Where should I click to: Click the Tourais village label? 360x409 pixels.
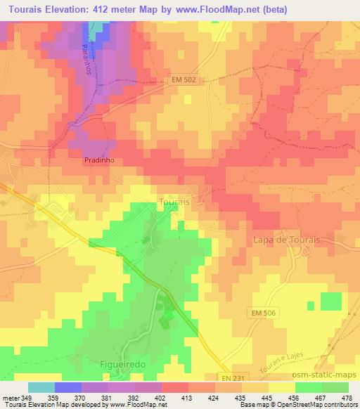173,202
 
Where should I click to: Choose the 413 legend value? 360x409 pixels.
186,398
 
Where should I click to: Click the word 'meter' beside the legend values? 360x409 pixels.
10,398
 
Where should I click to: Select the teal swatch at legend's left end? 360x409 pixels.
41,387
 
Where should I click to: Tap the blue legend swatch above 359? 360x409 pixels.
67,387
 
